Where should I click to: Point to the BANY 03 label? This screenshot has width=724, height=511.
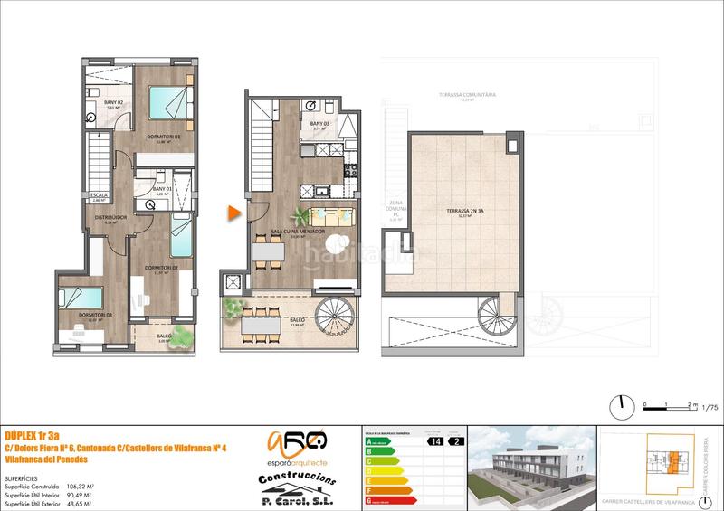point(318,124)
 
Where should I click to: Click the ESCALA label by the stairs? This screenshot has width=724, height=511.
point(100,194)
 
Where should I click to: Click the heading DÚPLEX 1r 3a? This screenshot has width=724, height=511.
point(31,431)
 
